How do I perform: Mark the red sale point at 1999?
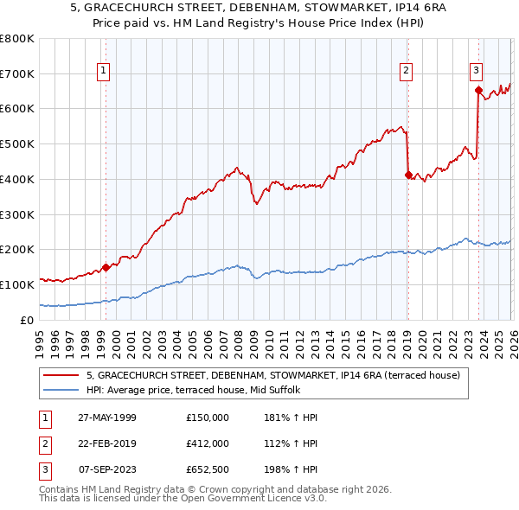click(x=106, y=267)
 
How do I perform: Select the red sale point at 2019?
click(x=407, y=175)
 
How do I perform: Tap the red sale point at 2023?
click(x=477, y=89)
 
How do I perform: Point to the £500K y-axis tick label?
click(x=17, y=143)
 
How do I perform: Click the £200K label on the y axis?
click(x=17, y=249)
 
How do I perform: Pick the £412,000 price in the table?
click(x=208, y=443)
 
